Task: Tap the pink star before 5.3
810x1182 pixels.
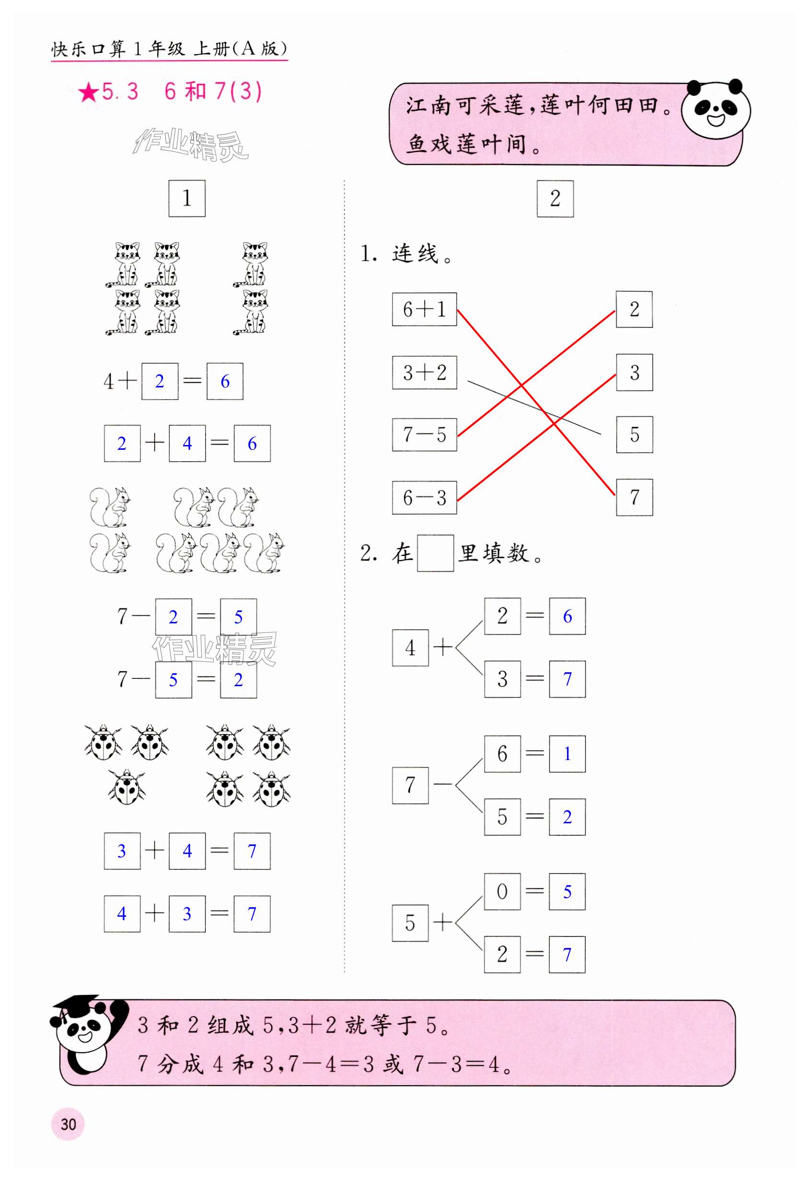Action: (x=89, y=93)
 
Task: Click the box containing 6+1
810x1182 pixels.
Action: (x=424, y=309)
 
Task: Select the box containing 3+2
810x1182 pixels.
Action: (x=424, y=372)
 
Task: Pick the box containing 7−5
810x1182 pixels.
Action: (x=424, y=435)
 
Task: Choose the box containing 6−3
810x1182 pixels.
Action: (x=424, y=497)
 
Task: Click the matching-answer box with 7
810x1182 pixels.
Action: (x=634, y=497)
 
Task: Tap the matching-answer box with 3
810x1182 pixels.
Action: (x=634, y=372)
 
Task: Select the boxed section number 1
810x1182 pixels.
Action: (x=186, y=199)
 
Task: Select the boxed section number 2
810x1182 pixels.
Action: (x=555, y=199)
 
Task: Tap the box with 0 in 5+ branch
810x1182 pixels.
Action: (x=502, y=891)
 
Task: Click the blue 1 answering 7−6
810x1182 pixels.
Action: (x=567, y=754)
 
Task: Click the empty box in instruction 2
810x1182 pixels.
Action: (x=435, y=553)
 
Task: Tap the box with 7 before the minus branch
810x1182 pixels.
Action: (x=410, y=785)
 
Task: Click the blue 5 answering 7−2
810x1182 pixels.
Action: (x=238, y=617)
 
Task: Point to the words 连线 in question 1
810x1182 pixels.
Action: (x=415, y=254)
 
